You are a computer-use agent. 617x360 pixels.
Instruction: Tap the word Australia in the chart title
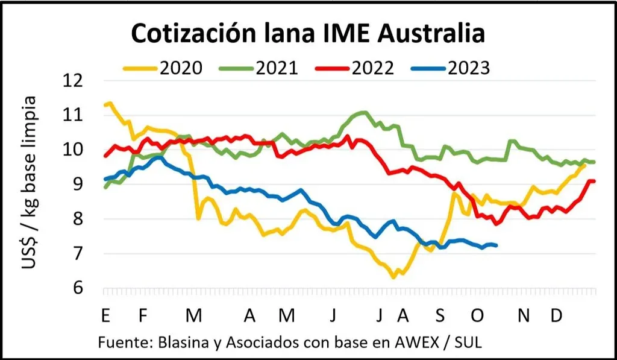424,34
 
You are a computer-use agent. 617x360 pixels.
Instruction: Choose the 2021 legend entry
277,68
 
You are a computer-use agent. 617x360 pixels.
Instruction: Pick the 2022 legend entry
372,68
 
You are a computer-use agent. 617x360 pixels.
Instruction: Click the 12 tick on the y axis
77,80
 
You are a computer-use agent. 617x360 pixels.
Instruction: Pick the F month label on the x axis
143,315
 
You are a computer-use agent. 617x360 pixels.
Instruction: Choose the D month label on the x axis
557,315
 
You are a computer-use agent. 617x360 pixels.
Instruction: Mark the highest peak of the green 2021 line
364,112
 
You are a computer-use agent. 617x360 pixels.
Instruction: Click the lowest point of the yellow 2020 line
393,277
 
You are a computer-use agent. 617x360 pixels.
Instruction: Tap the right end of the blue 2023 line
496,245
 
